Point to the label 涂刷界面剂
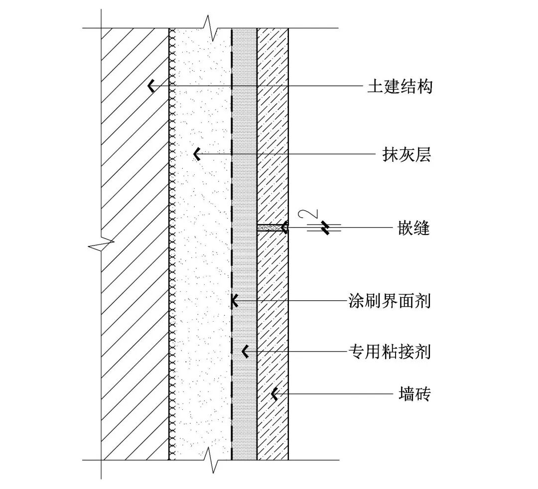click(389, 301)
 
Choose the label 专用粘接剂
click(389, 352)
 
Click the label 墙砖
click(414, 394)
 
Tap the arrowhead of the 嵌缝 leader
click(284, 228)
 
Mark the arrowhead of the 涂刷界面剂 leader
click(234, 301)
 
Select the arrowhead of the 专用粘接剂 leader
click(245, 352)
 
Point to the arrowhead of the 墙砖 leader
click(273, 394)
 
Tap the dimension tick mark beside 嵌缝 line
click(325, 228)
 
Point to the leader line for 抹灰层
click(289, 154)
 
